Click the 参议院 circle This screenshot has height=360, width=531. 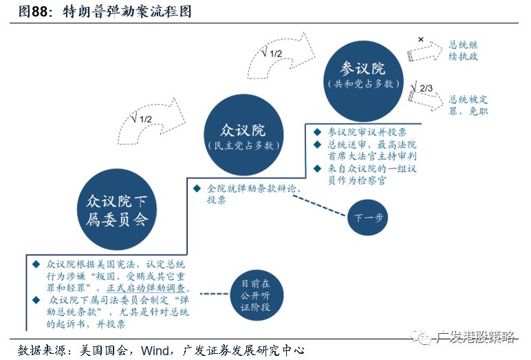[x=363, y=76]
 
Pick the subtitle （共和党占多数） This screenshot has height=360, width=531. [x=363, y=84]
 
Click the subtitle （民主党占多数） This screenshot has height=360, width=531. [x=243, y=146]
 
